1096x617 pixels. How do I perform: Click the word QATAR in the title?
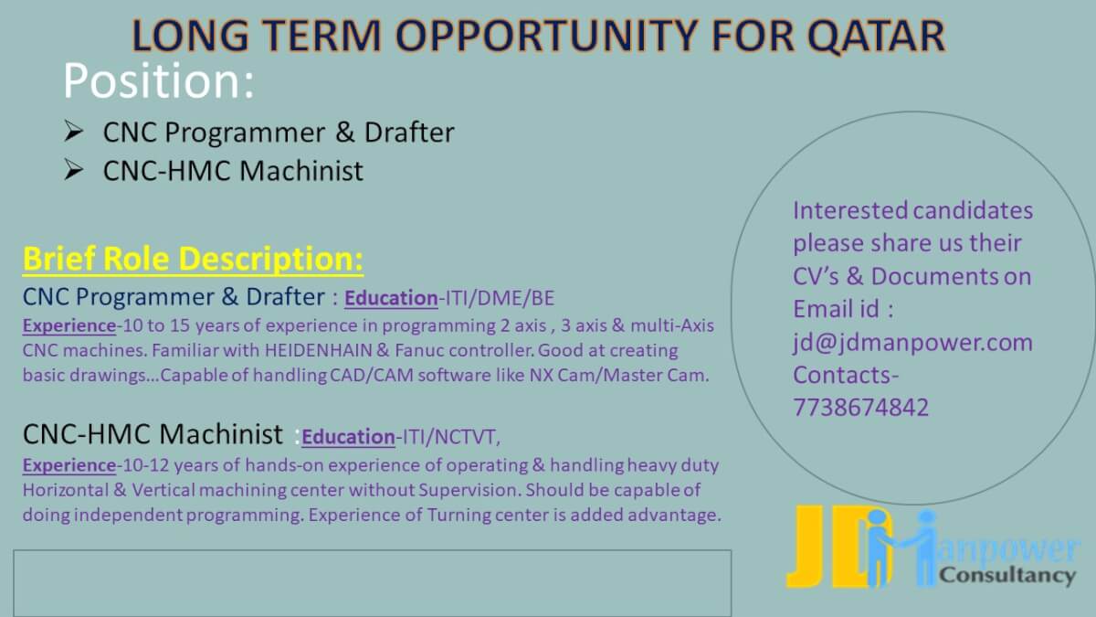(x=876, y=36)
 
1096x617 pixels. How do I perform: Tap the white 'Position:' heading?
(x=159, y=80)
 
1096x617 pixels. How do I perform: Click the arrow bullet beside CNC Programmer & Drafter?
(x=74, y=132)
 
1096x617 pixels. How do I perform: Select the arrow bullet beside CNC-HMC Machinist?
(x=74, y=170)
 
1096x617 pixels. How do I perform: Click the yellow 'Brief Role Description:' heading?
(x=194, y=259)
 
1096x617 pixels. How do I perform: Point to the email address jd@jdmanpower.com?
(x=912, y=342)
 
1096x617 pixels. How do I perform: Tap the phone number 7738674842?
(x=860, y=408)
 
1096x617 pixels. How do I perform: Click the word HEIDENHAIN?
(x=319, y=350)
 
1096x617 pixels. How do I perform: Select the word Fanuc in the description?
(x=413, y=350)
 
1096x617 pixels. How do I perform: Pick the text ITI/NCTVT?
(x=448, y=436)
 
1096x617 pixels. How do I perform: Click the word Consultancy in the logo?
(x=1007, y=575)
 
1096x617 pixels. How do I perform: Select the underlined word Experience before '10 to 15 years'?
(x=69, y=325)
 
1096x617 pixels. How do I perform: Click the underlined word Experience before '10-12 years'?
(x=69, y=465)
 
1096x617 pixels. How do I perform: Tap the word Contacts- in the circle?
(x=846, y=375)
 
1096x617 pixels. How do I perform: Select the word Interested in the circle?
(x=850, y=210)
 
